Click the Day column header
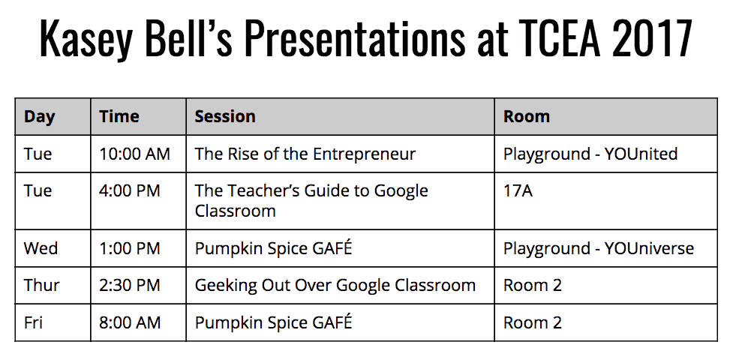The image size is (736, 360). (40, 117)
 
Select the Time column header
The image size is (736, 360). (119, 116)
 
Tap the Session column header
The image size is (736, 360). (225, 116)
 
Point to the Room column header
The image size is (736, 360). (527, 116)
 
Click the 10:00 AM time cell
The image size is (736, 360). (135, 154)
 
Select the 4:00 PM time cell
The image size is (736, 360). (130, 191)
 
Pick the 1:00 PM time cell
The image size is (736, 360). (130, 248)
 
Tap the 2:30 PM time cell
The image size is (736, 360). (130, 285)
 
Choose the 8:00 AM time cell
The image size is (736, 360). (130, 323)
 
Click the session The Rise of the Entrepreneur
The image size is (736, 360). (305, 154)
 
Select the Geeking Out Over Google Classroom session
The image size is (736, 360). (335, 285)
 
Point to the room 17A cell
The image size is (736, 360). (518, 191)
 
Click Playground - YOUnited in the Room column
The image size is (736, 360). (590, 154)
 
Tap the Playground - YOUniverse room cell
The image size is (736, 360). (599, 249)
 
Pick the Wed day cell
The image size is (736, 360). (41, 248)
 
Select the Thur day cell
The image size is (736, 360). (42, 285)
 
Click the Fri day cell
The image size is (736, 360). (33, 323)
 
